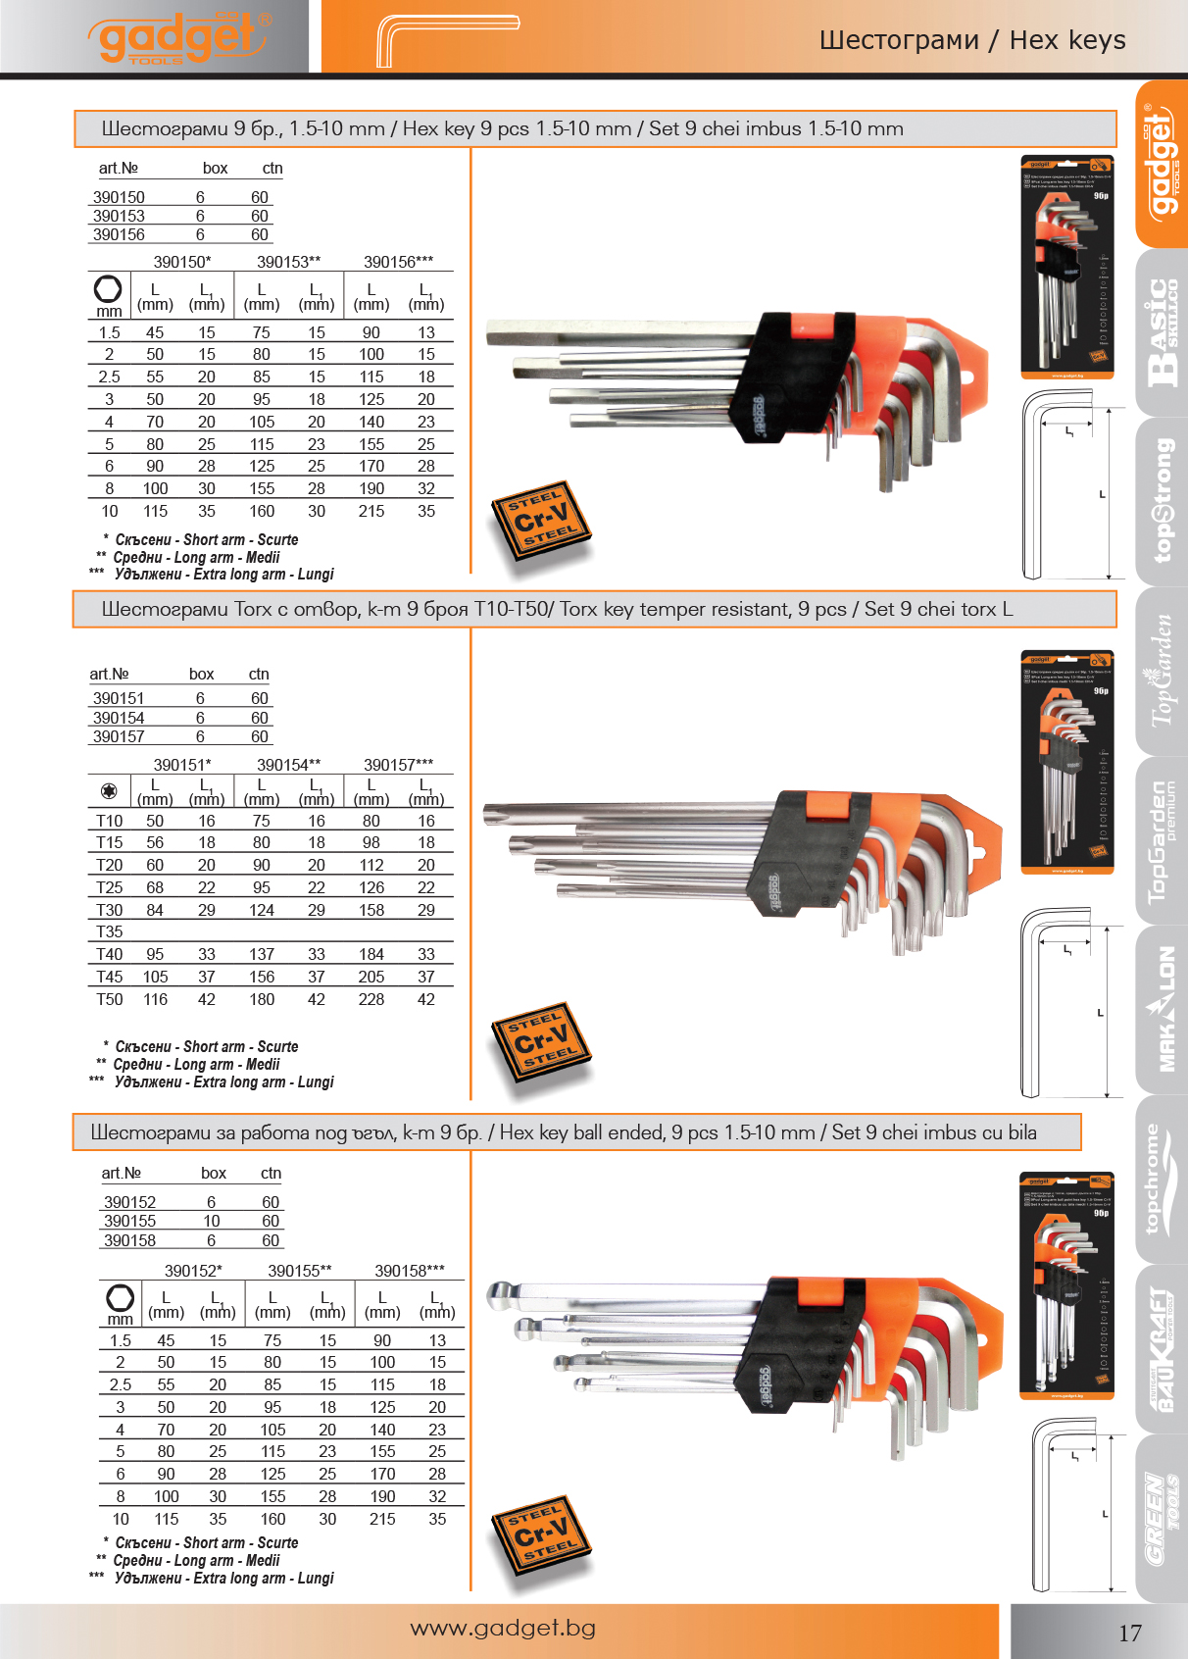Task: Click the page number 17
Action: [1130, 1633]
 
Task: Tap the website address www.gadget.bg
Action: [503, 1628]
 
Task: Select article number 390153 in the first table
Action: [119, 216]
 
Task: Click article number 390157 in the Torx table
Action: [119, 736]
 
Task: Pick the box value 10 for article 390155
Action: [212, 1221]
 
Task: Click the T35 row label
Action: [110, 931]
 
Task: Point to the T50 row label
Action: [110, 999]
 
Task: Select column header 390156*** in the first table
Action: [398, 262]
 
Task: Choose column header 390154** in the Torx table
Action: [288, 765]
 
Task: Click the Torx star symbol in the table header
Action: [109, 790]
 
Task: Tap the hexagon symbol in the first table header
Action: [108, 288]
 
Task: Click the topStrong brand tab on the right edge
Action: [1162, 500]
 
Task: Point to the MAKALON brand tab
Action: [1162, 1010]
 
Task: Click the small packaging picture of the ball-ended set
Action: [1065, 1284]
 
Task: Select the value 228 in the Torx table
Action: [371, 999]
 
